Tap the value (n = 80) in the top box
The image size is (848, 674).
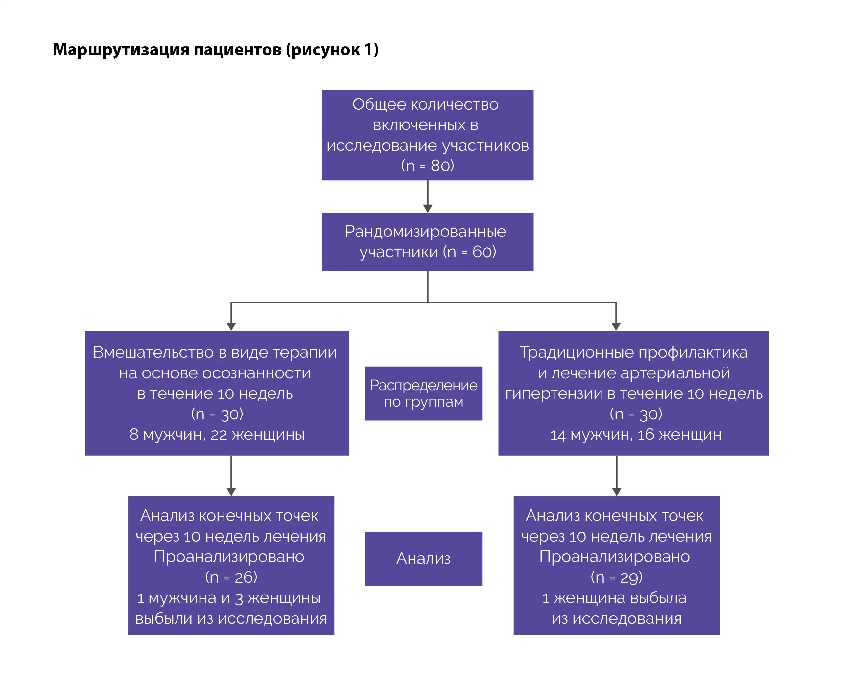[x=428, y=166]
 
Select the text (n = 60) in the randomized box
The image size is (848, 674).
[x=470, y=252]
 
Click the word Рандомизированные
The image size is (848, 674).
[x=425, y=231]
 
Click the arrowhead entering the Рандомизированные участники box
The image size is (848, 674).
[x=428, y=208]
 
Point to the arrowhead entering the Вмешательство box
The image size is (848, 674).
[x=231, y=326]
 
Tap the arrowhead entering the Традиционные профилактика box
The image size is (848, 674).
[x=616, y=326]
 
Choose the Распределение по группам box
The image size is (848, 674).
[x=423, y=393]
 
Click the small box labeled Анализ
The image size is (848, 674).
[x=423, y=558]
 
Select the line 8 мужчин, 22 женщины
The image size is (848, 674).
[x=217, y=434]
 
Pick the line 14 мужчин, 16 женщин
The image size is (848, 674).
[x=635, y=435]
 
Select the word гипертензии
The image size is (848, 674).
[x=554, y=393]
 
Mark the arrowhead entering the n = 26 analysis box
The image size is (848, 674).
[x=231, y=492]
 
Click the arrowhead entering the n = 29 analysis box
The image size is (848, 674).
[x=616, y=492]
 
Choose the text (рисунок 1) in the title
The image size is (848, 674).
[x=332, y=50]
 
